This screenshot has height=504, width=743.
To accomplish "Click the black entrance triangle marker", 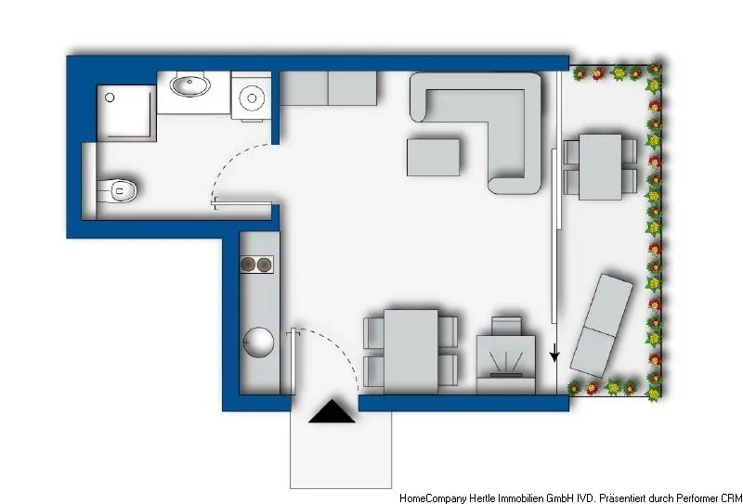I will click(332, 412).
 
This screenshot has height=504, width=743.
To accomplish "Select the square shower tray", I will click(125, 111).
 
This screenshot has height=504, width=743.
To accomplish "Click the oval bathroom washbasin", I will click(192, 87).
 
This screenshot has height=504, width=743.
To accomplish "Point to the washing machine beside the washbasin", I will click(251, 97).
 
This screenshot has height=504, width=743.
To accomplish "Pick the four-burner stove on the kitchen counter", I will click(257, 265).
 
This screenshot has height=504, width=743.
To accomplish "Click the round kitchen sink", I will click(257, 343).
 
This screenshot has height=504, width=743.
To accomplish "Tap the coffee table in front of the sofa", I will click(434, 156).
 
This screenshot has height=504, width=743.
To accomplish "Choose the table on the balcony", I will click(600, 167).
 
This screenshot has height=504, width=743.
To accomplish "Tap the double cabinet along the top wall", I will click(328, 89).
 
